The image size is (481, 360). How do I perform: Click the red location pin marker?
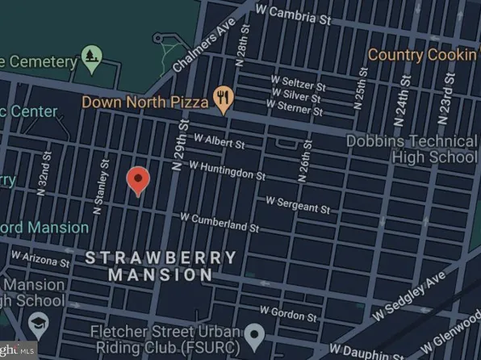(139, 181)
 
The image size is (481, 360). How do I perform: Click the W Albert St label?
(216, 143)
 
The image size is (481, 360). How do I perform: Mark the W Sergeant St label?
(298, 204)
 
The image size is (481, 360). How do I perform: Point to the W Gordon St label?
(289, 311)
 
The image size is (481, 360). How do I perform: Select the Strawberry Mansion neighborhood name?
(161, 266)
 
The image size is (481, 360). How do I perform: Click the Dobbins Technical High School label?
(412, 148)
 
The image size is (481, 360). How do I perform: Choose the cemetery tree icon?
(91, 58)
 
